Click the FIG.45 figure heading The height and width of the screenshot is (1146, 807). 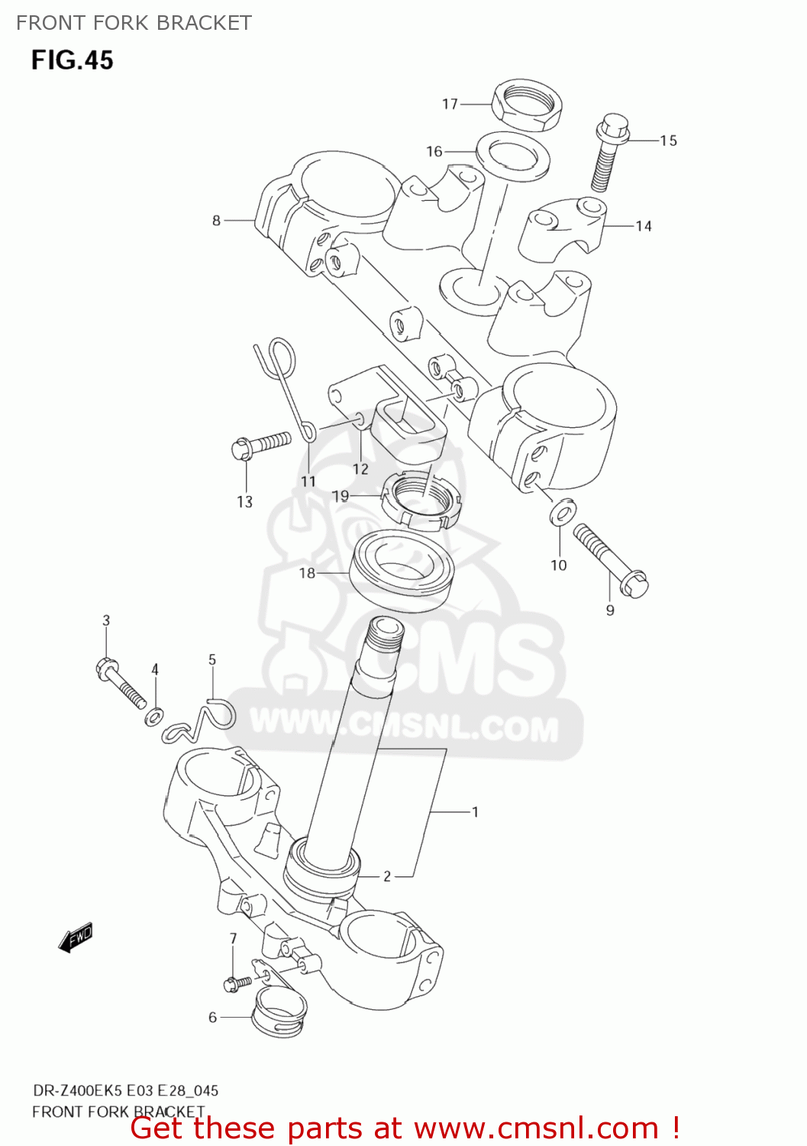(x=73, y=60)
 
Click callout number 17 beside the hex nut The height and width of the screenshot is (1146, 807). (x=450, y=104)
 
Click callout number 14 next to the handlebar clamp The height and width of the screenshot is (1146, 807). (x=644, y=226)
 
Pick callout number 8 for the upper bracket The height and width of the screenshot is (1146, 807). (x=216, y=221)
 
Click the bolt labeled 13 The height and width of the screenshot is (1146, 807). (x=260, y=444)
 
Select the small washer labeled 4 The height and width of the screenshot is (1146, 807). (x=154, y=716)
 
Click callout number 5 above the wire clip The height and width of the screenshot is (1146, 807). (x=212, y=659)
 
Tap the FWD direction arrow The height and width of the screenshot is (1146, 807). (x=76, y=937)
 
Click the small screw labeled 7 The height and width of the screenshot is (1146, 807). (x=237, y=983)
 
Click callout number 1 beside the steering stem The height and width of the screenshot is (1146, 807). (x=475, y=812)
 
